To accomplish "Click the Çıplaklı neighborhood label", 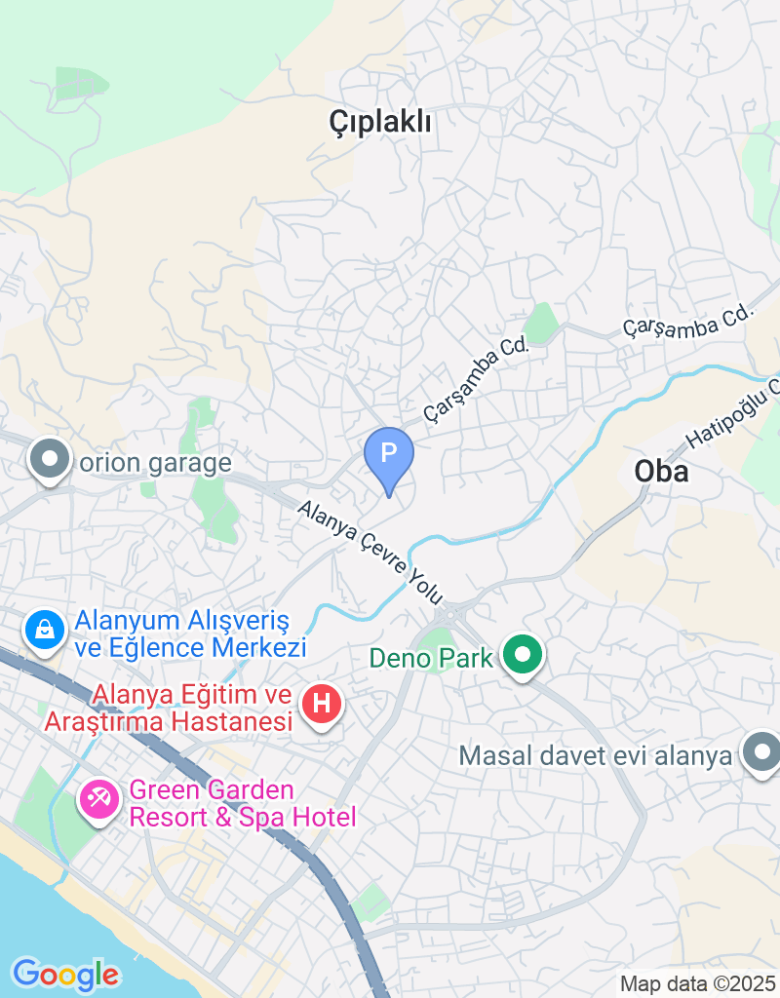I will click(380, 122).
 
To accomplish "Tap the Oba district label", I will click(661, 472).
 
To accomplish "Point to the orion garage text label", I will click(156, 462).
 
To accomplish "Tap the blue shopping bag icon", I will click(45, 632).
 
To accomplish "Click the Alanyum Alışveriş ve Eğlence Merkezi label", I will click(191, 633).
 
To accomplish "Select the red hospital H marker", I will click(323, 703).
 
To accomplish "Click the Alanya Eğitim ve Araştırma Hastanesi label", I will click(168, 709).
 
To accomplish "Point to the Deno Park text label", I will click(431, 658).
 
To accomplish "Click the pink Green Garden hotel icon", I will click(98, 802).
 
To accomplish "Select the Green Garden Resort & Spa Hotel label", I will click(243, 803).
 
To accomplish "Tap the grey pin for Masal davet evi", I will click(760, 753).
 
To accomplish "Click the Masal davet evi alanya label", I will click(595, 755).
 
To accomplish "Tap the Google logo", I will click(65, 973).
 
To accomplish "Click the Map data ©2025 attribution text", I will click(698, 984).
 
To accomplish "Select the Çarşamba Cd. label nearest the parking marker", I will click(476, 379).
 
